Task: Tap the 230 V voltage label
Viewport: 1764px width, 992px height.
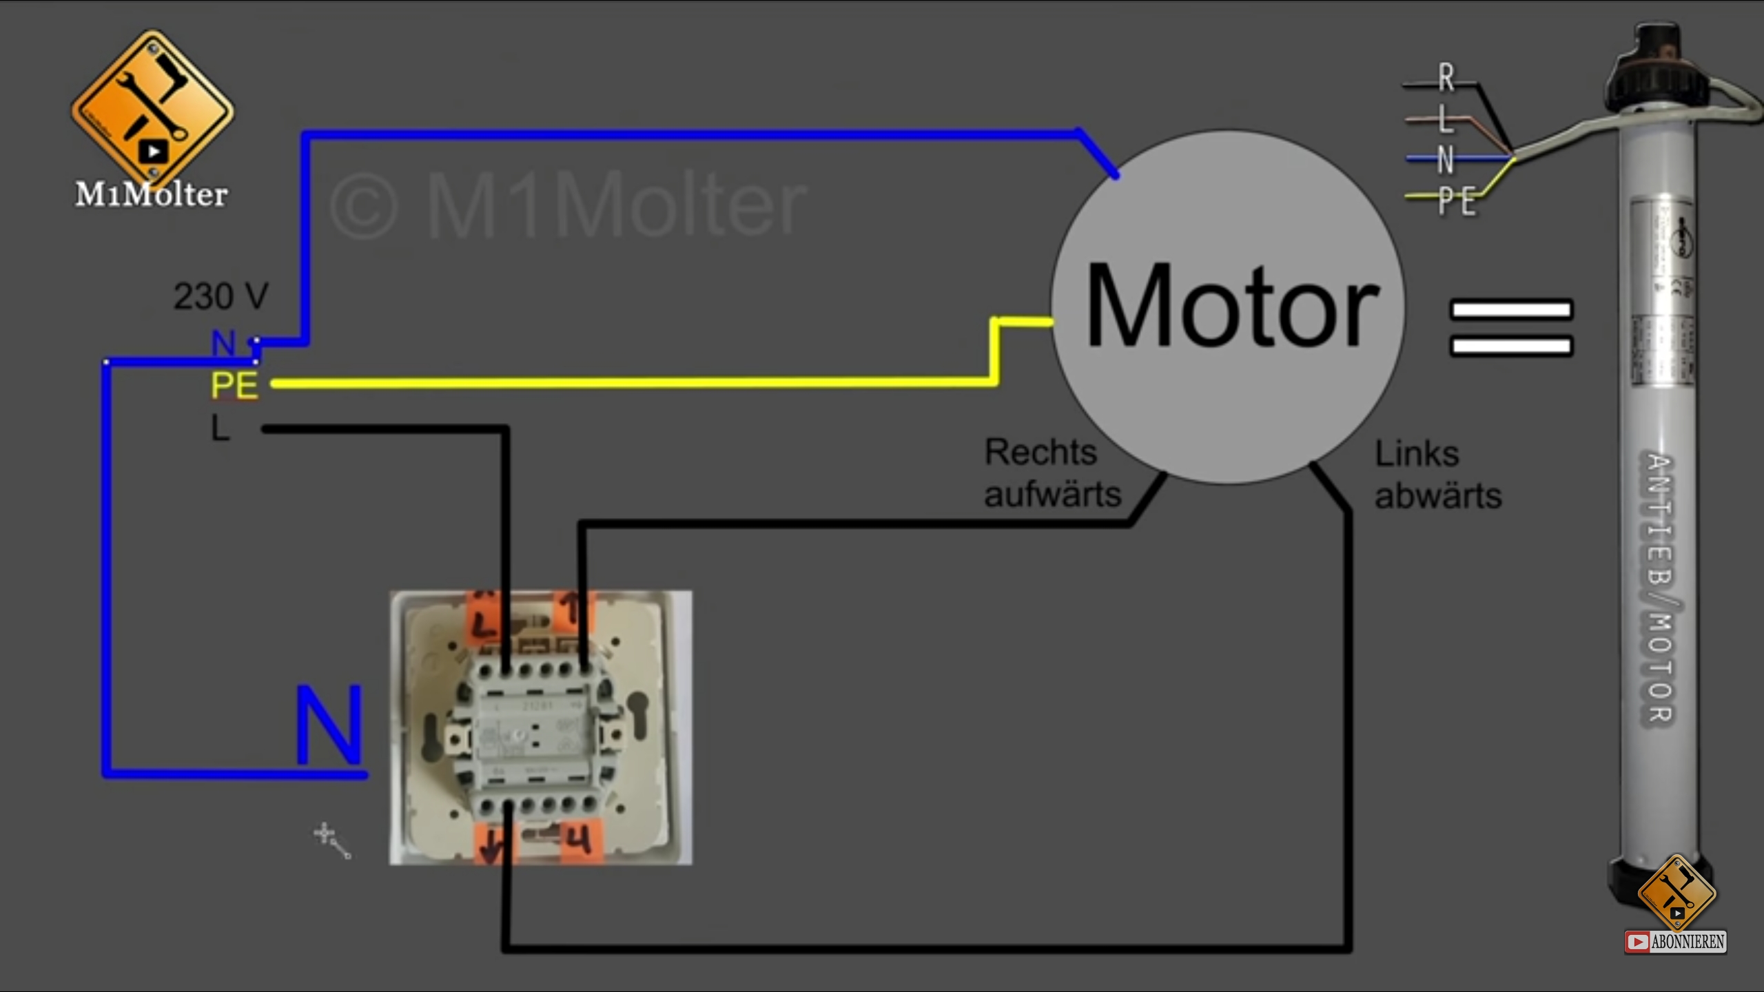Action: click(220, 297)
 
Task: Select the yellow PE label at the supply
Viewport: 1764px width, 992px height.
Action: click(234, 385)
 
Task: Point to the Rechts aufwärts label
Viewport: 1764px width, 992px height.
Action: click(1052, 473)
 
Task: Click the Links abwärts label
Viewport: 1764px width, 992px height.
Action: click(1437, 475)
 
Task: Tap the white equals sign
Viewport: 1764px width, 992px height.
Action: click(1510, 327)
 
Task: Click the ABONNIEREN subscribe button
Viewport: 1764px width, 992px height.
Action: click(1676, 942)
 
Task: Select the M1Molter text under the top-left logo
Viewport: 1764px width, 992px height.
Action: click(152, 195)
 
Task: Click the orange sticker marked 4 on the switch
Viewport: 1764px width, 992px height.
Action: click(580, 841)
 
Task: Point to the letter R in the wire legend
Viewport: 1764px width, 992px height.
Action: click(1446, 78)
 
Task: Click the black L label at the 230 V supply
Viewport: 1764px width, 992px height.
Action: click(220, 428)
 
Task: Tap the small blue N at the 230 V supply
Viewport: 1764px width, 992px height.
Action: click(223, 342)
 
